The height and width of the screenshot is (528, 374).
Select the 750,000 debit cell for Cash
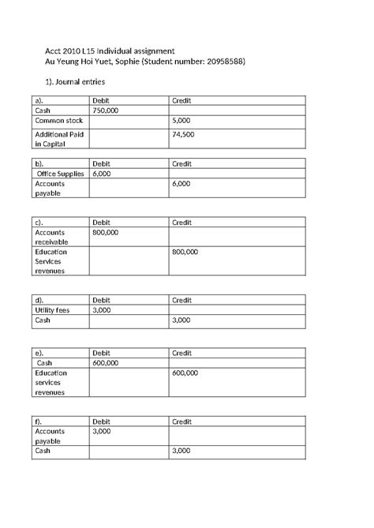pos(105,112)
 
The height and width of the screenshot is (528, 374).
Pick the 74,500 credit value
pos(182,135)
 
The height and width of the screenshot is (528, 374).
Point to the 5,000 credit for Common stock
pos(181,122)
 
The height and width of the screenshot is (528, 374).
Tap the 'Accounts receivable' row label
pos(50,238)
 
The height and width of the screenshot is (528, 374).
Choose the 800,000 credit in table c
pos(185,252)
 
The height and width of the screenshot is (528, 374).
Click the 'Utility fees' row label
pos(53,310)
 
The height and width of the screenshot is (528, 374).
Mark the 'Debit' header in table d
pos(101,300)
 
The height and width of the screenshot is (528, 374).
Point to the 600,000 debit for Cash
pos(106,362)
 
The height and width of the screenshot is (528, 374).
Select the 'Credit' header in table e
pos(182,352)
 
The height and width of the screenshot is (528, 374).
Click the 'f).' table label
pos(39,421)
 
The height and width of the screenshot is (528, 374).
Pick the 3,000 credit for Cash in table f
pos(181,451)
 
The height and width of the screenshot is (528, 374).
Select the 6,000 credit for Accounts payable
pos(181,183)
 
